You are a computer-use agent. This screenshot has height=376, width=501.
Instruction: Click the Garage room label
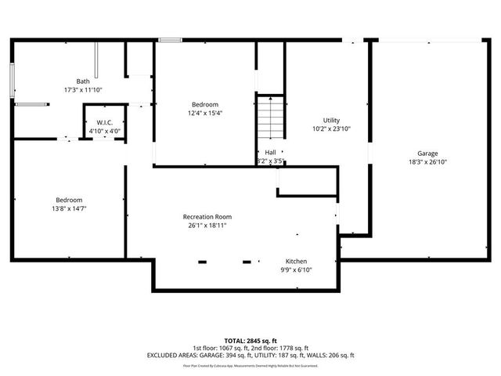coord(427,154)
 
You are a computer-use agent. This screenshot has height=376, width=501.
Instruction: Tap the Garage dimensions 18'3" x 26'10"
coord(427,162)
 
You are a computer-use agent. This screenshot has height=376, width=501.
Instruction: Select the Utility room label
coord(331,120)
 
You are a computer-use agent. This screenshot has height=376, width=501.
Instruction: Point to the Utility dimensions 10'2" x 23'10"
coord(331,128)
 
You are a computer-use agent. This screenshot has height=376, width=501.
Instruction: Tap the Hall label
coord(270,152)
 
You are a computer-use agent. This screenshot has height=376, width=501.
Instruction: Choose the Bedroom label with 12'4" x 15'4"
coord(205,104)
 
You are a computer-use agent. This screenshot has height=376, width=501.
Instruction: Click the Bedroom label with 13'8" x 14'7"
coord(69,200)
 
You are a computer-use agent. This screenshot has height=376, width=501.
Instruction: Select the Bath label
coord(83,81)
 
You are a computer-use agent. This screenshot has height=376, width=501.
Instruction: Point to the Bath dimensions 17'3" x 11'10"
coord(83,90)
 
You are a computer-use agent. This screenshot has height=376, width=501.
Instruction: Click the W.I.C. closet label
coord(104,123)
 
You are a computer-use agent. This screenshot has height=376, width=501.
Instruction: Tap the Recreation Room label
coord(207,217)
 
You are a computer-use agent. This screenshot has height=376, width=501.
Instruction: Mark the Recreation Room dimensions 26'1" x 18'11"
coord(207,226)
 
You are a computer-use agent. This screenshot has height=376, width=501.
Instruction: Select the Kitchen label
coord(296,261)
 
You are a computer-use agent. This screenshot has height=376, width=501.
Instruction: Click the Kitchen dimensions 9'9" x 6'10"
coord(296,269)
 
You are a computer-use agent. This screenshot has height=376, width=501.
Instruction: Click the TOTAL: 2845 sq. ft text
coord(250,341)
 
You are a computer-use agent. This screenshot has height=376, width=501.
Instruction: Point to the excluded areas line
coord(250,355)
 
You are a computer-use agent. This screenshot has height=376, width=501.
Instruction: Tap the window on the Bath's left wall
coord(12,81)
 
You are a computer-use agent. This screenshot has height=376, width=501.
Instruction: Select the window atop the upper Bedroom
coord(170,40)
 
